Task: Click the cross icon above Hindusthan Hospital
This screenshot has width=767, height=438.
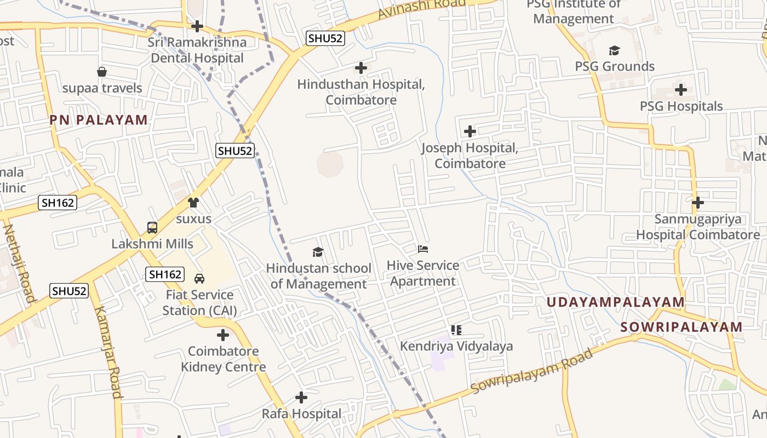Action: point(360,68)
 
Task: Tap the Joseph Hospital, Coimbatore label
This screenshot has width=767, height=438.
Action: point(470,155)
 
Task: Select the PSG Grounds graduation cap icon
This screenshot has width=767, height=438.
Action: point(614,51)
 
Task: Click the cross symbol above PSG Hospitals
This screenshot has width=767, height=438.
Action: point(680,90)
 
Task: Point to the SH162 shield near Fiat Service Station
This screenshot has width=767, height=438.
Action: point(165,274)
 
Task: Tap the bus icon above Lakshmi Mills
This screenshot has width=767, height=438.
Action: point(152,228)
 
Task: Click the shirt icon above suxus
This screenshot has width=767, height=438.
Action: point(193,203)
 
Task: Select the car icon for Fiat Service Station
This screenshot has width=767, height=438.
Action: point(199,279)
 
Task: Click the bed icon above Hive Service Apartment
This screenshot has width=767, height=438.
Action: point(423,249)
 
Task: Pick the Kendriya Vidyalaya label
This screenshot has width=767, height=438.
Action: point(456,346)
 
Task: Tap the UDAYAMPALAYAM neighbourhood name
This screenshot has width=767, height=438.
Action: point(615,302)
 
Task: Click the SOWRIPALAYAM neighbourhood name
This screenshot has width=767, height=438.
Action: point(681,327)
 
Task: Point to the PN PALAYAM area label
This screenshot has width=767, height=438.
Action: point(99,120)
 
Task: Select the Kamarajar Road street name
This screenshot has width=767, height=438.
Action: point(107,352)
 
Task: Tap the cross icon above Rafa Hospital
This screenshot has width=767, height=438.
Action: point(301,397)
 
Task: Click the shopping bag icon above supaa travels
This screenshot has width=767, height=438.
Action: point(102,72)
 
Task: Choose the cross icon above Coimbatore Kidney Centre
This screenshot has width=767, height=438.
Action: point(222,335)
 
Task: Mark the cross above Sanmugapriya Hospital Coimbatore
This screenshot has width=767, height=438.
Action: point(697,203)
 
